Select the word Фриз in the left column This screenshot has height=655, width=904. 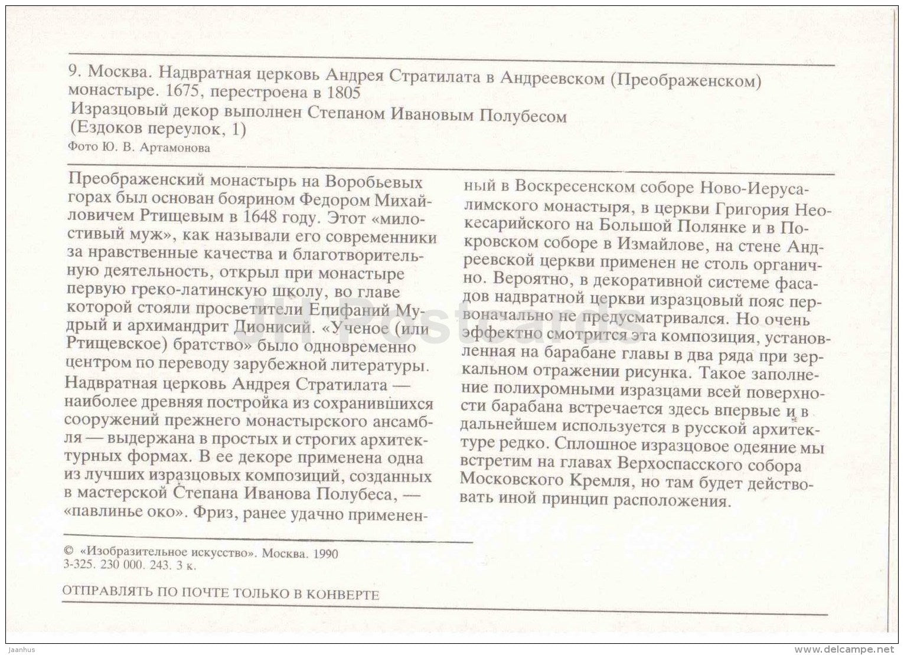coord(211,512)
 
